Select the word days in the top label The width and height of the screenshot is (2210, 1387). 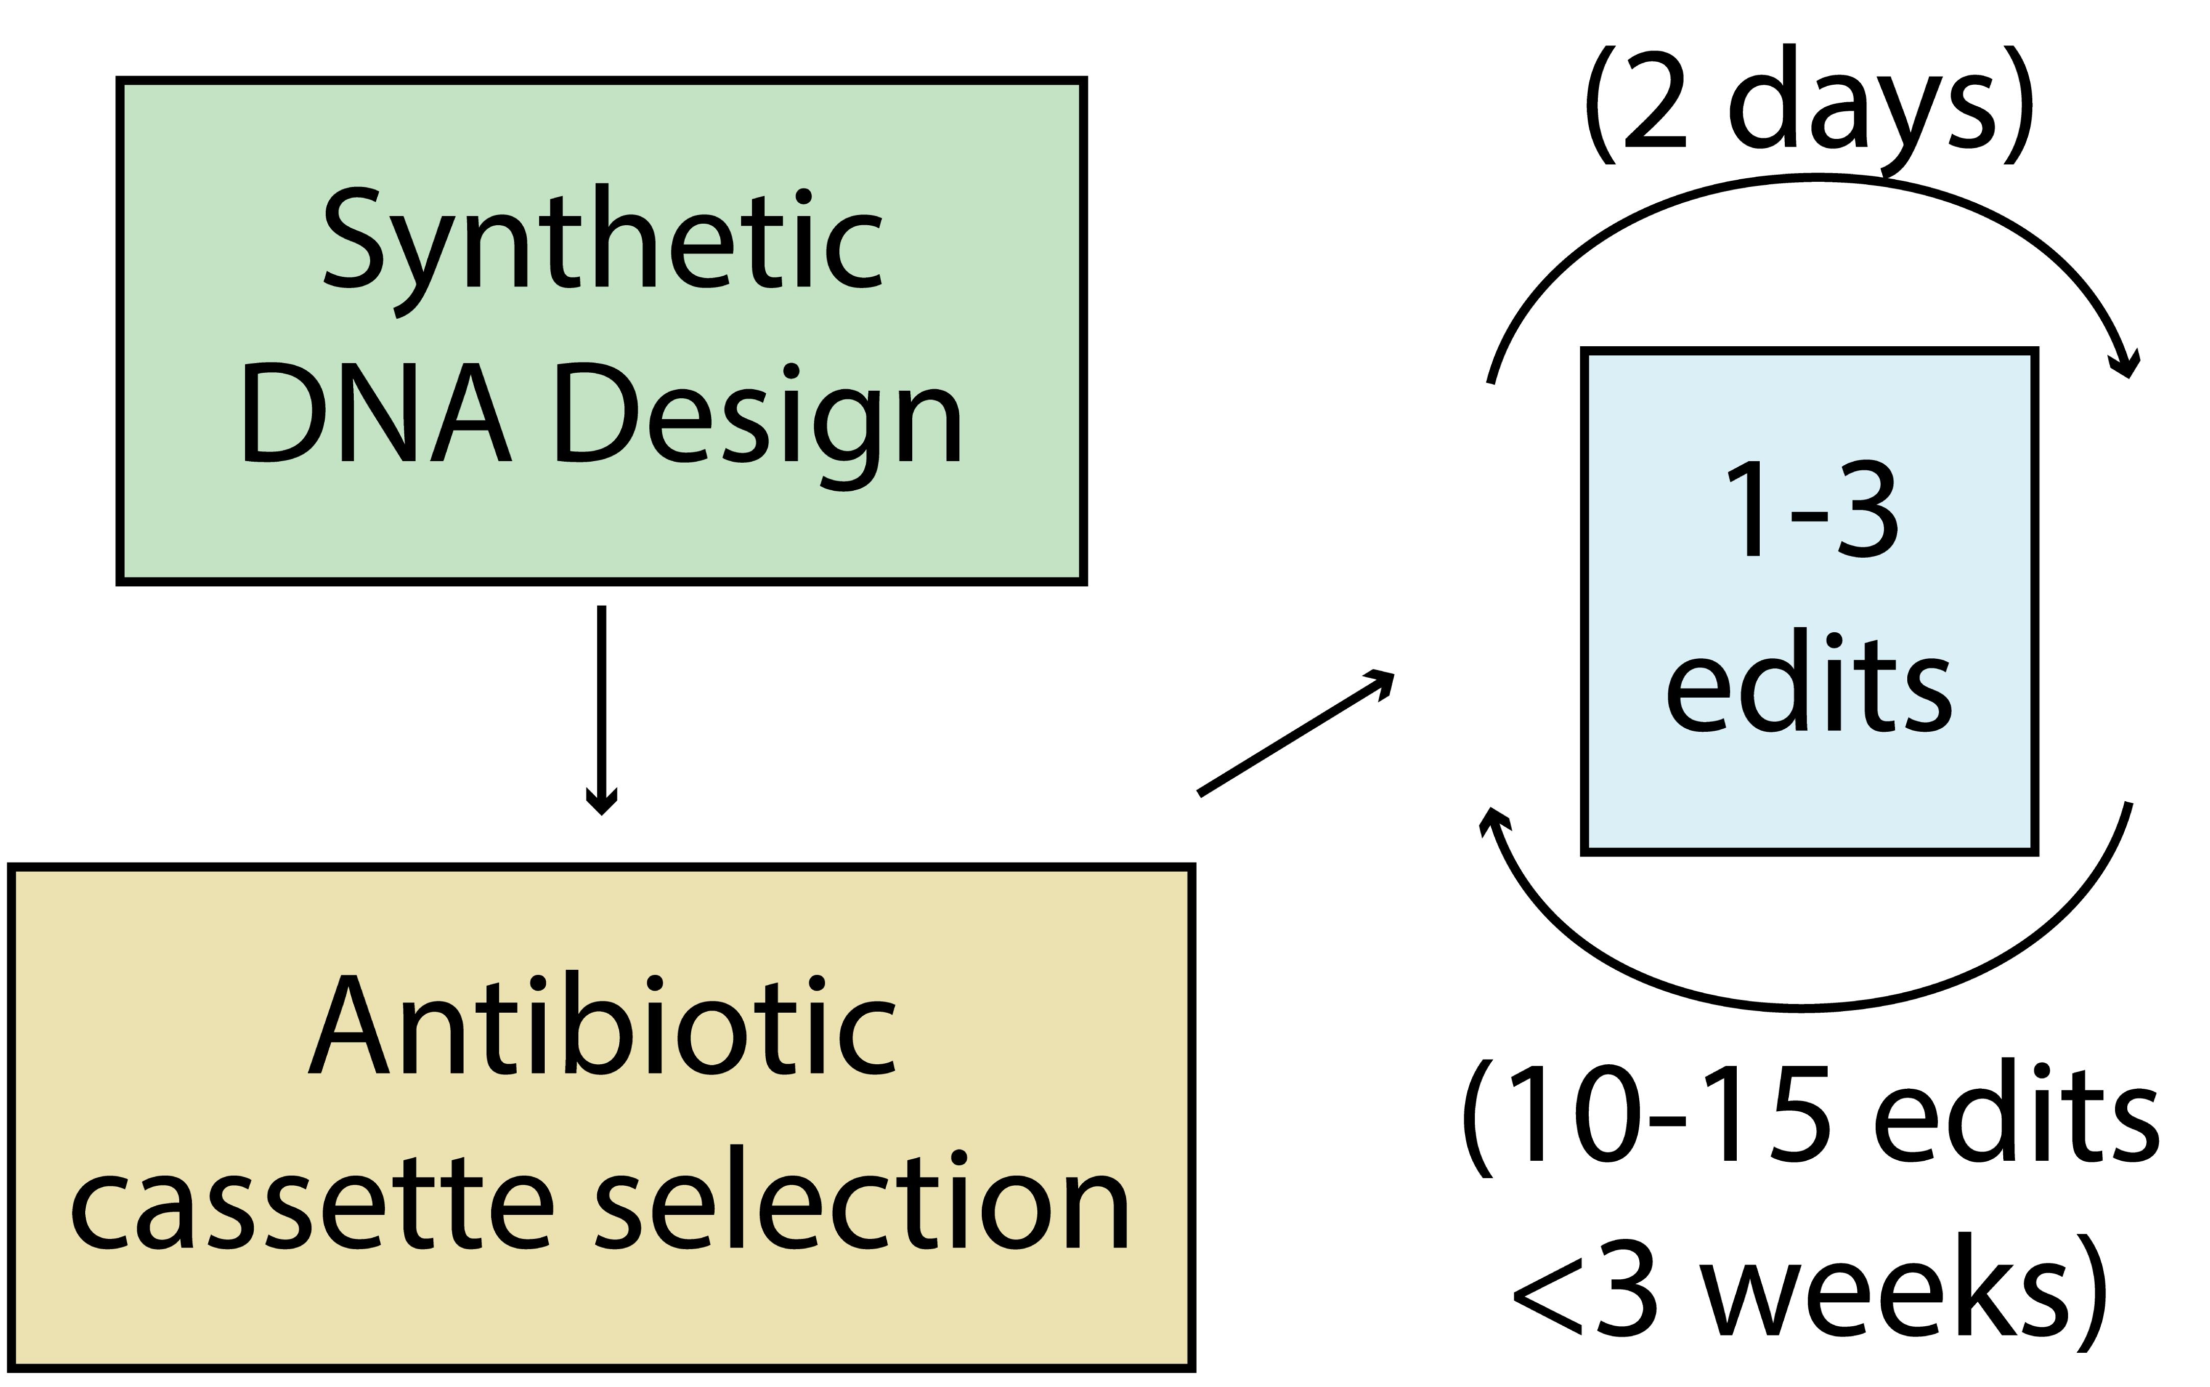[1861, 110]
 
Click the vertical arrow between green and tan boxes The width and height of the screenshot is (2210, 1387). [601, 710]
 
